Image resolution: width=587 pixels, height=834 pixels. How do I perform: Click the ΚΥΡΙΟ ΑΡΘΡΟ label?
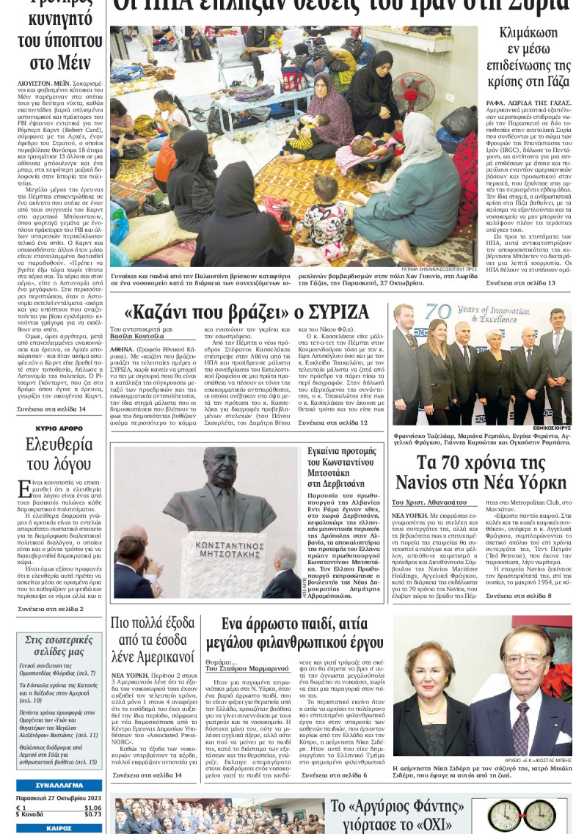(x=59, y=428)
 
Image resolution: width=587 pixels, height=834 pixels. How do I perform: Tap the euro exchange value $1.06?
(x=92, y=808)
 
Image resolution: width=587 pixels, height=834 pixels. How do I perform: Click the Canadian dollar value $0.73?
(x=92, y=814)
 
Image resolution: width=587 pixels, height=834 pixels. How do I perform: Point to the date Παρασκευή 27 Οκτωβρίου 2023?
(x=59, y=798)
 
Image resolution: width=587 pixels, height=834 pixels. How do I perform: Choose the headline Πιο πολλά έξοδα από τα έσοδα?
(x=153, y=640)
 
